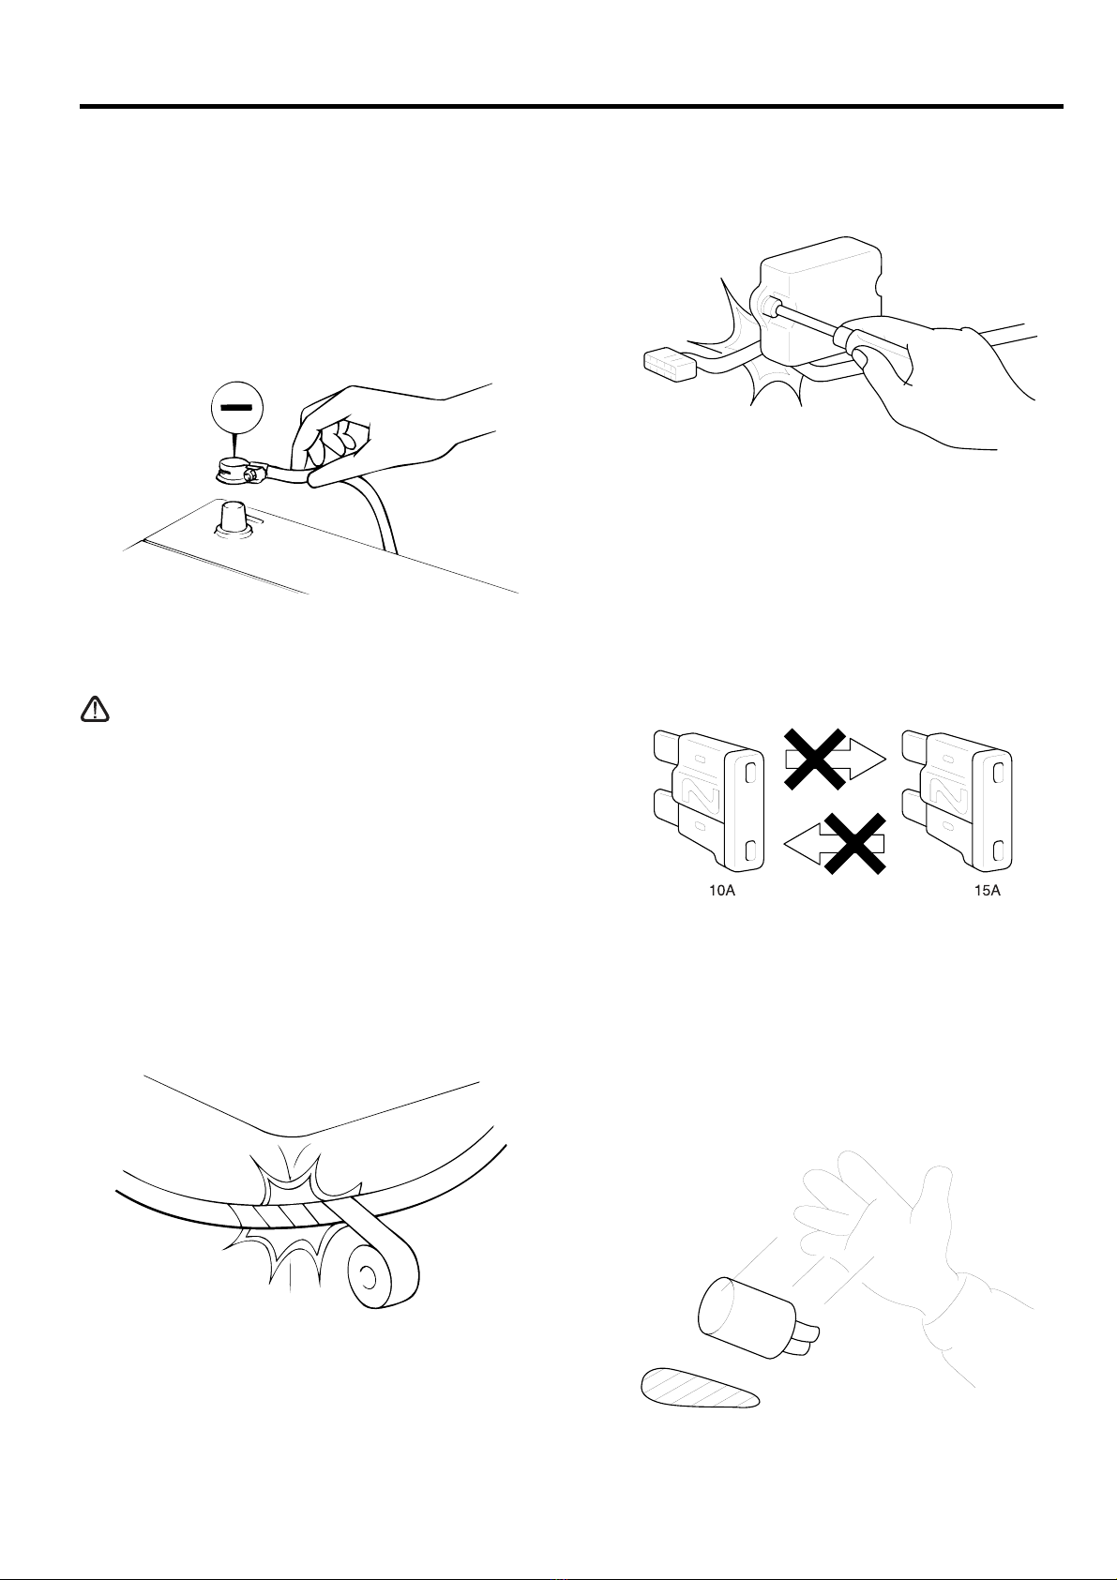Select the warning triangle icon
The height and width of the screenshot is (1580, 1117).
(95, 709)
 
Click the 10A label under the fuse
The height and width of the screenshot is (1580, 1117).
(722, 890)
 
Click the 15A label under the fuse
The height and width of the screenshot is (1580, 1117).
(988, 890)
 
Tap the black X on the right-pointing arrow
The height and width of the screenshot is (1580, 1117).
(815, 759)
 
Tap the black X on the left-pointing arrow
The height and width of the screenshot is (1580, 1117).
(855, 844)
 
